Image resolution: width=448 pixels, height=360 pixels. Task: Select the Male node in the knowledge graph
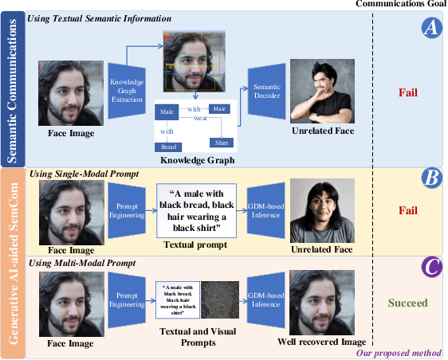coord(167,112)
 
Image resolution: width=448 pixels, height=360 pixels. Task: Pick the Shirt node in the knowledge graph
coord(219,142)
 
